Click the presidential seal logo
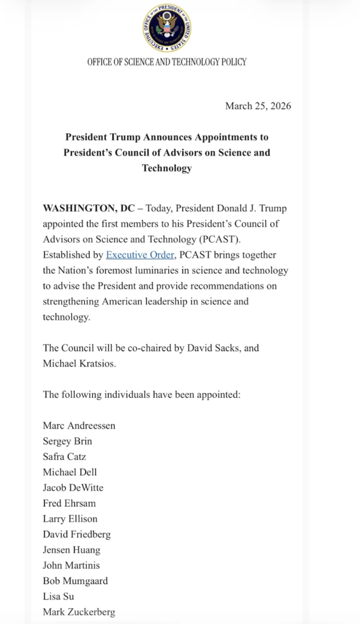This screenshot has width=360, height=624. pos(167,28)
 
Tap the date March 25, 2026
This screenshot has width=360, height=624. pos(258,106)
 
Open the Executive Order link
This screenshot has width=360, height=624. pos(139,255)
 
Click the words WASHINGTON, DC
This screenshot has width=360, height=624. pos(89,208)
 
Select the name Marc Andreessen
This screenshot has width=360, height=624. pos(79,425)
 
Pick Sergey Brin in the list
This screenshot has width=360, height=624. pos(67,441)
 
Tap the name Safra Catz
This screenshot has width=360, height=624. pos(64,457)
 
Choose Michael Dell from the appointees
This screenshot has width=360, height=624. pos(70,472)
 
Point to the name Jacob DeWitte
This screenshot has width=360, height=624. pos(73,488)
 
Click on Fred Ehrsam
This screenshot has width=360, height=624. pos(69,503)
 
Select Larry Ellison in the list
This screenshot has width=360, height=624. pos(70,519)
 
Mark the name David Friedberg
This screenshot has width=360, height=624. pos(76,534)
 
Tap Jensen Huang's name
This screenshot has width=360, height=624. pos(71,550)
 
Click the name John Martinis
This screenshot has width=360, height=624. pos(71,565)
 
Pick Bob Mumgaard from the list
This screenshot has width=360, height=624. pos(75,581)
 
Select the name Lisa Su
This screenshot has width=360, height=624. pos(58,597)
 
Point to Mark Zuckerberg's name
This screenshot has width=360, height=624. pos(79,612)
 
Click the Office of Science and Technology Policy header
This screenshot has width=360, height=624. pos(167,62)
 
